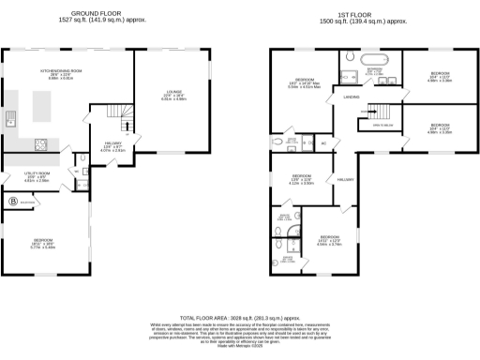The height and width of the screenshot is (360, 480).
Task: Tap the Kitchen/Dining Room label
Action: (58, 74)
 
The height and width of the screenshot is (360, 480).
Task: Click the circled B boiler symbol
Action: (13, 201)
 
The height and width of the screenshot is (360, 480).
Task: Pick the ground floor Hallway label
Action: (112, 146)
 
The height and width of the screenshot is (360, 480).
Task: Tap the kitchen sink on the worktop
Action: (11, 118)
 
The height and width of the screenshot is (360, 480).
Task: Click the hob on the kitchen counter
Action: (43, 143)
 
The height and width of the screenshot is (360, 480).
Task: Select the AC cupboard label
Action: (323, 143)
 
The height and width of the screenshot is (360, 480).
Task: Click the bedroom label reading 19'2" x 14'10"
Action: (300, 84)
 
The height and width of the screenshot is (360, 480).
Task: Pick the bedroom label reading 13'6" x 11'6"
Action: (300, 179)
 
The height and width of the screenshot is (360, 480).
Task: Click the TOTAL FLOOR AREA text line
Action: (240, 318)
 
